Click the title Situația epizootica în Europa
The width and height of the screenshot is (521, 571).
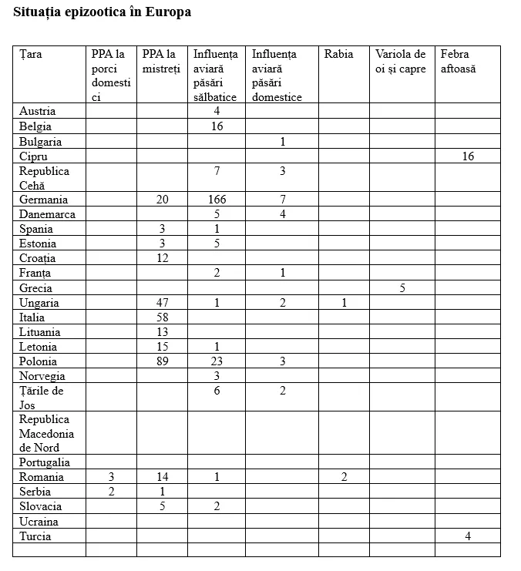(x=103, y=12)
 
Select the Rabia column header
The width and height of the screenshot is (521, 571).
(x=338, y=54)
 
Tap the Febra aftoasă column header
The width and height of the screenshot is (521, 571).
(x=458, y=62)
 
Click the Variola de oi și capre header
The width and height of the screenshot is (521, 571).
(x=400, y=62)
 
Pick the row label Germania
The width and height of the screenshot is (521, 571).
(x=43, y=200)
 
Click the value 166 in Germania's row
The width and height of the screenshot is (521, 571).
(x=217, y=200)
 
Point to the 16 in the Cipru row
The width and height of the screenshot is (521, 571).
(x=468, y=156)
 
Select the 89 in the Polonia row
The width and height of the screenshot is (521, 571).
(x=162, y=361)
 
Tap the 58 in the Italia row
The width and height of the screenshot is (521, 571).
(x=162, y=317)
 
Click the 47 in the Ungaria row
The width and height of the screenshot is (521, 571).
(x=162, y=303)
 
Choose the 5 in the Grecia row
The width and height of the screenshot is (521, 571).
(x=402, y=288)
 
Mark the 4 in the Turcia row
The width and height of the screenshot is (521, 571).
(x=468, y=536)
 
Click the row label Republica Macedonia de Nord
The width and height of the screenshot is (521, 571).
(x=46, y=433)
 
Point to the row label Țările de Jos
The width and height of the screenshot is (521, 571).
(x=42, y=398)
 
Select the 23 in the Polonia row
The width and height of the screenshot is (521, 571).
(x=217, y=361)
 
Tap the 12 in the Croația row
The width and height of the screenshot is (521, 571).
(x=162, y=258)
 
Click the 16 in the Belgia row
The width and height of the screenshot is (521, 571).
(x=217, y=126)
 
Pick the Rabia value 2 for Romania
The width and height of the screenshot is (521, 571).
(x=344, y=477)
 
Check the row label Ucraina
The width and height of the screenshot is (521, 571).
(x=39, y=522)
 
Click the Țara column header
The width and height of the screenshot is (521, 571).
(x=31, y=54)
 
